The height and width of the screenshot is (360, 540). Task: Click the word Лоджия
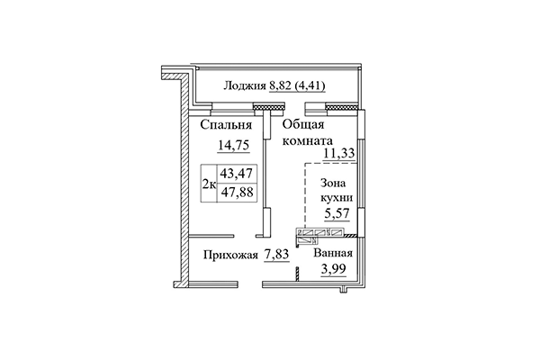tap(243, 87)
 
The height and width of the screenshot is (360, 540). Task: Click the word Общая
tap(303, 126)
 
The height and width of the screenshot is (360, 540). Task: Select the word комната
tap(307, 141)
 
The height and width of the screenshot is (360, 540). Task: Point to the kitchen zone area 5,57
tap(337, 215)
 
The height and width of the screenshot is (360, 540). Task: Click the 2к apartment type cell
tap(208, 184)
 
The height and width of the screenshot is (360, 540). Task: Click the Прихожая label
tap(230, 256)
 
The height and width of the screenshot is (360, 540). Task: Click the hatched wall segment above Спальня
tap(265, 107)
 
